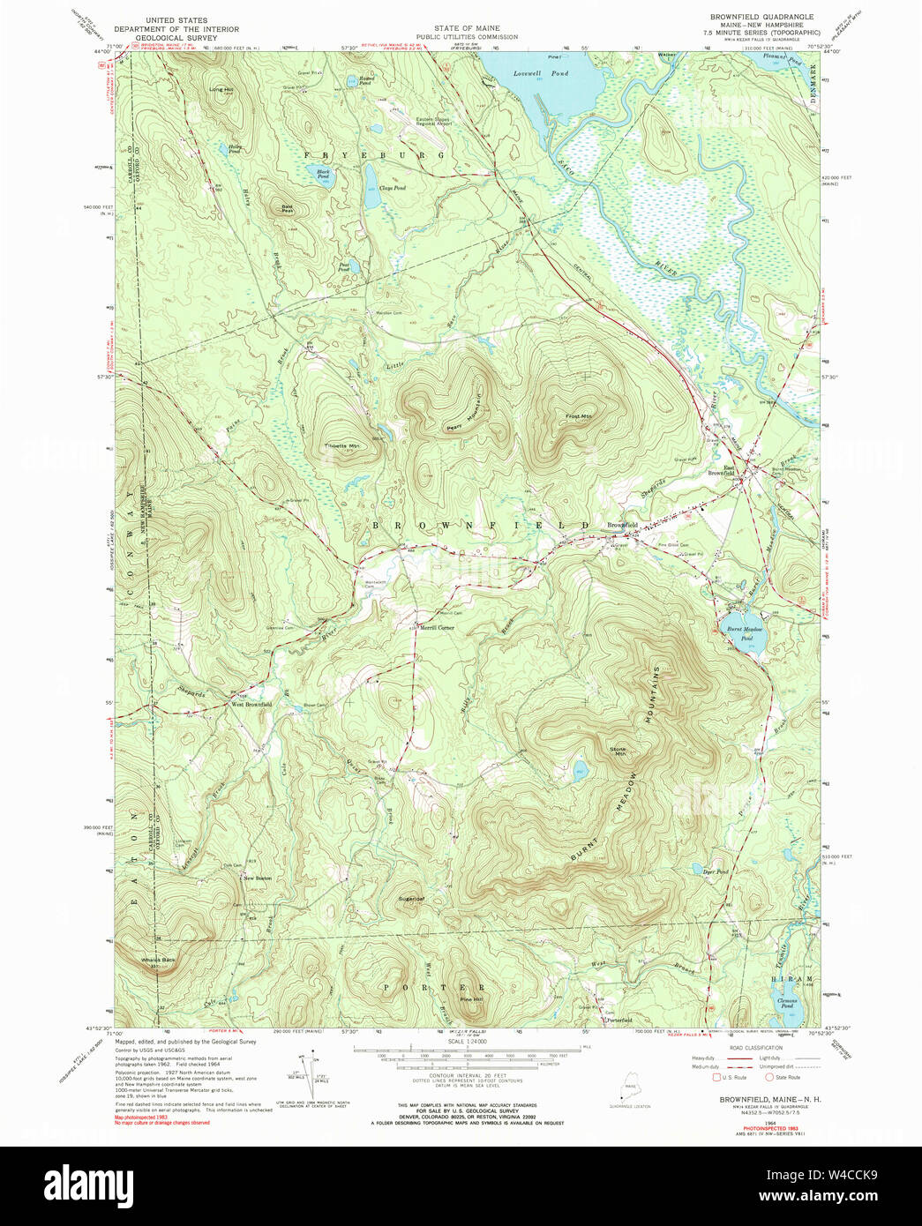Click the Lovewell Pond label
pos(541,74)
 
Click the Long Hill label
pos(221,89)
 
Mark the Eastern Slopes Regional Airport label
pos(433,121)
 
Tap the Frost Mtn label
pos(579,416)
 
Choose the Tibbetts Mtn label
pos(342,446)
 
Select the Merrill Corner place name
pos(437,628)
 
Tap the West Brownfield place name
pos(251,705)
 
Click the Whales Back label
pos(157,960)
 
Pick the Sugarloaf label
pos(412,899)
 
